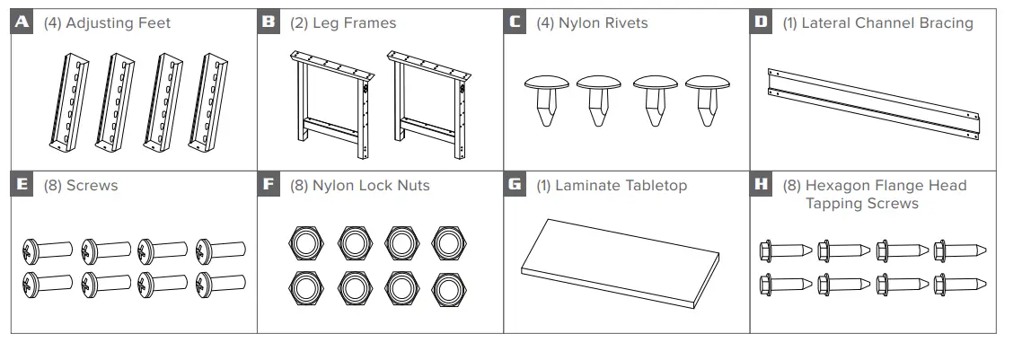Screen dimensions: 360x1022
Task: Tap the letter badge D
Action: pos(762,22)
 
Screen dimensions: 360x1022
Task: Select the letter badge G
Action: pos(515,185)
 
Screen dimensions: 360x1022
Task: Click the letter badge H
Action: pos(762,185)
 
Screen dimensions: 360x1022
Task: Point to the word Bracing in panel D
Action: pos(943,23)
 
